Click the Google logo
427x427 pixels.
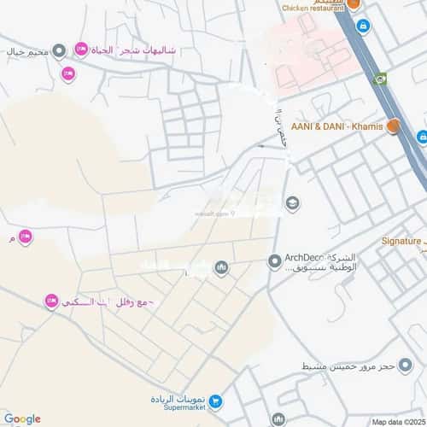[21, 418]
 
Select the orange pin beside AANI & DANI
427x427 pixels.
[393, 126]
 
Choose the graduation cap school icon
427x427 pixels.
[293, 202]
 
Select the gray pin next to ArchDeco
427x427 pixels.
[274, 261]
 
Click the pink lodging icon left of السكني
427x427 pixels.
[50, 301]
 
